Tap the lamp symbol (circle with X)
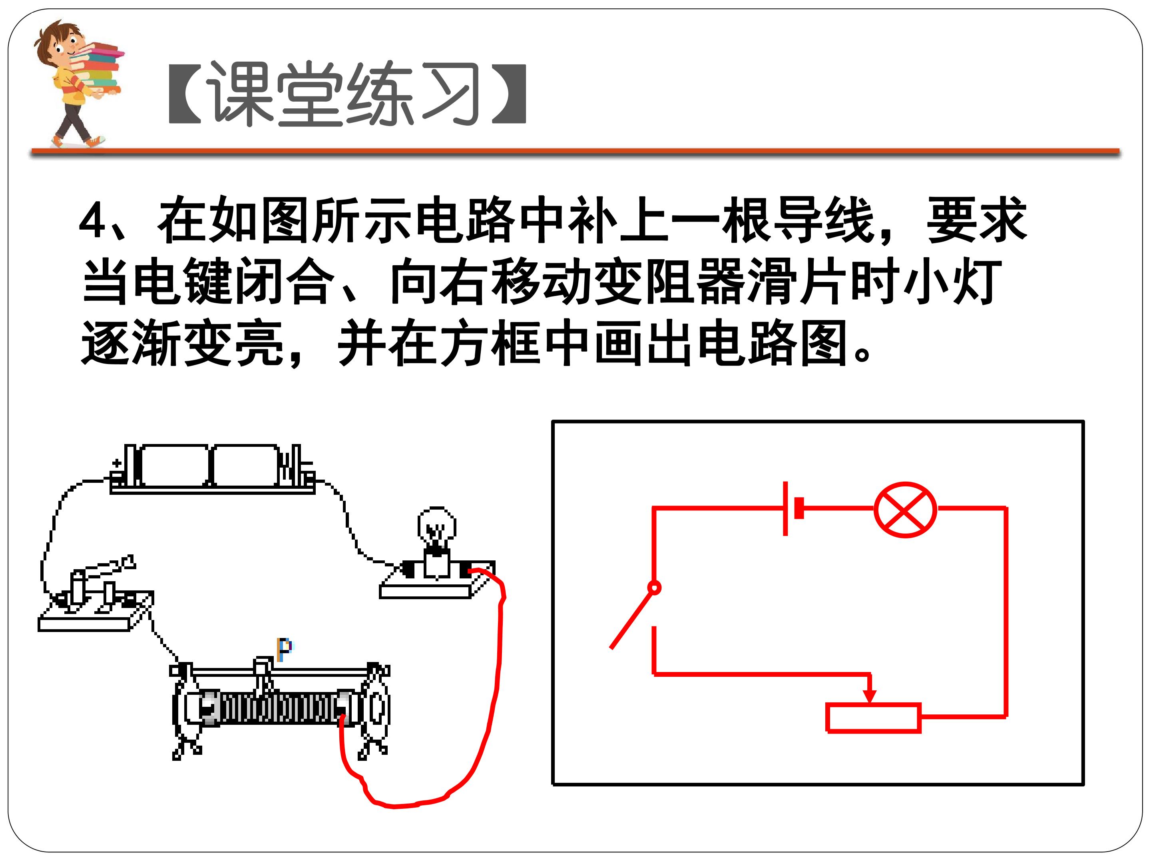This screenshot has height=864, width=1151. click(905, 509)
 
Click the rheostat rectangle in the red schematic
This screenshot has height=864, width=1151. click(874, 718)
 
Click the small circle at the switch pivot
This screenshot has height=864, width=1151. click(655, 588)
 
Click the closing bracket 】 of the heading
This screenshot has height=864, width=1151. click(509, 94)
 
